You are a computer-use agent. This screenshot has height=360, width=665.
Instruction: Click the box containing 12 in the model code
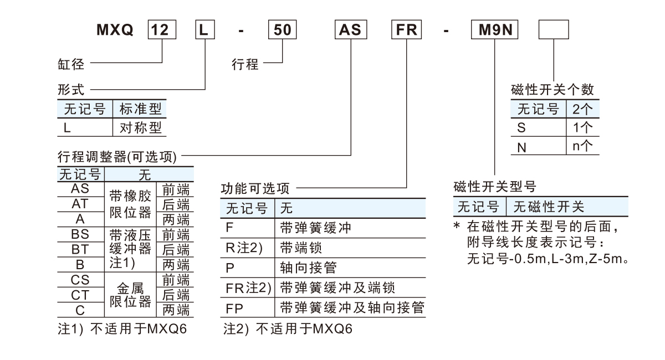point(161,29)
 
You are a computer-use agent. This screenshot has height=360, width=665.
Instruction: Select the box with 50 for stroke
point(283,29)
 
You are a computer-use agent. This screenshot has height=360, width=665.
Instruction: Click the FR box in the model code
point(407,29)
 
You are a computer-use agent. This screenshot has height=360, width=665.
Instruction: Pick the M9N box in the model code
point(494,29)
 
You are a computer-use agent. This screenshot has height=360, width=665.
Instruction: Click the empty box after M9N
point(554,29)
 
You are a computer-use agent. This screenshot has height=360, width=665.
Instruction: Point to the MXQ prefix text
point(115,30)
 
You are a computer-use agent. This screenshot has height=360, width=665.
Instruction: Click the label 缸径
point(71,65)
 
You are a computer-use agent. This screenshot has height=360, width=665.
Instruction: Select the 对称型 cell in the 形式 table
point(141,128)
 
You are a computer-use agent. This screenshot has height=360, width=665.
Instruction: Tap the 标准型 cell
point(141,109)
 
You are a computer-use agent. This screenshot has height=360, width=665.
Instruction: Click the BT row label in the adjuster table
point(80,249)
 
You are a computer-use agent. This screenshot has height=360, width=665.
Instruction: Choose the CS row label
point(80,280)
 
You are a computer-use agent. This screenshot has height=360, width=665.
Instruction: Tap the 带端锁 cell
point(301,248)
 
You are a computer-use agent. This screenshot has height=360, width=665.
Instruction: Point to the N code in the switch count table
point(521,147)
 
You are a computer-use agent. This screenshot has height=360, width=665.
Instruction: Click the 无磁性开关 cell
point(549,207)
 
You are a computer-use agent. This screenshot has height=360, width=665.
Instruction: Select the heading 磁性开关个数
point(553,90)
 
